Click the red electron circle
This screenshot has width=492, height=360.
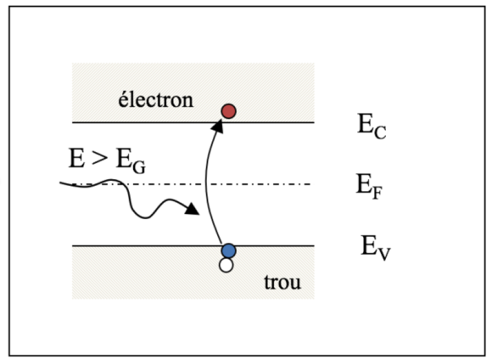click(228, 110)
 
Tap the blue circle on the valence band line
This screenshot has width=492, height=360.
click(228, 250)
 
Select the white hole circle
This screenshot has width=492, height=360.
click(225, 265)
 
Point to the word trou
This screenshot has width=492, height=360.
click(282, 282)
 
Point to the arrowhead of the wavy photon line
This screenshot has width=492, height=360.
click(192, 209)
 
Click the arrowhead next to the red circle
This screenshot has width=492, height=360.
click(219, 125)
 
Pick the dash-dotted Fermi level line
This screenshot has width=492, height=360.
click(267, 184)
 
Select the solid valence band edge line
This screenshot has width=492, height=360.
click(148, 245)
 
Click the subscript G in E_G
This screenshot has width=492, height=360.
click(138, 168)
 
